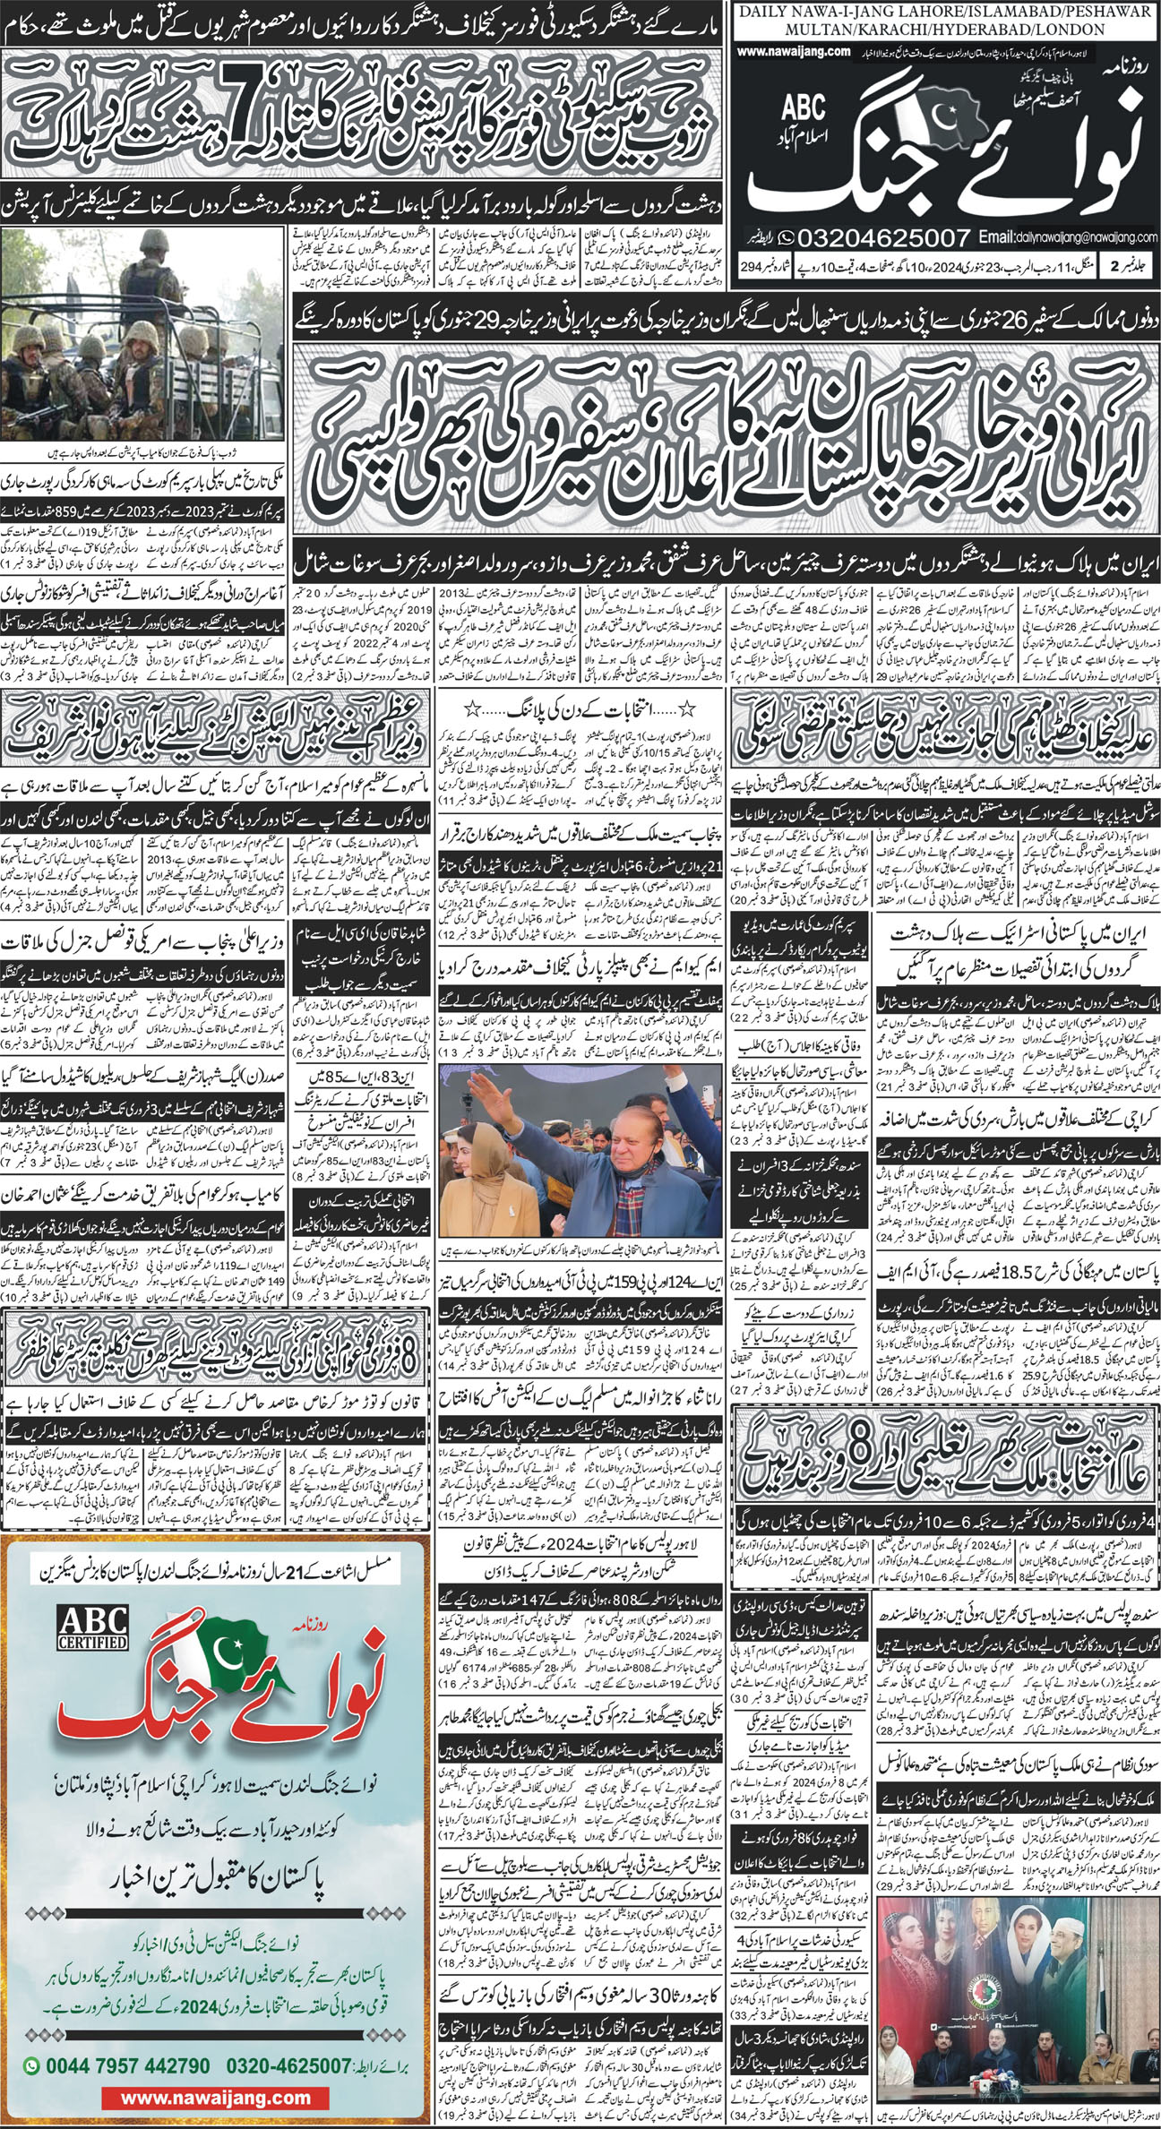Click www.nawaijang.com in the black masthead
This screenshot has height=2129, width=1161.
[x=795, y=52]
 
